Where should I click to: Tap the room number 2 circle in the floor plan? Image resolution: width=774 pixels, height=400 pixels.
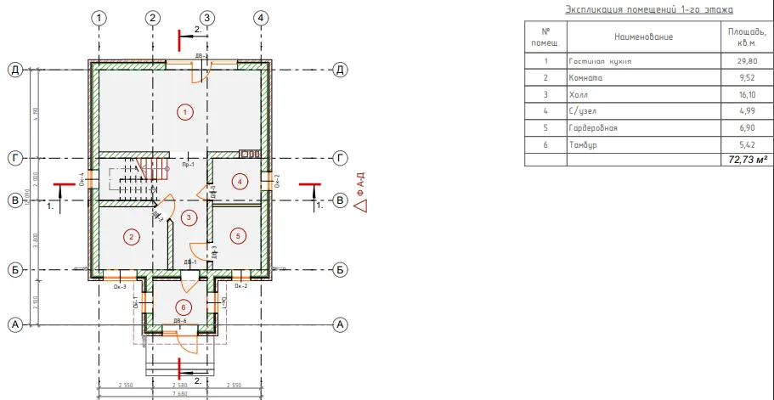[x=130, y=236]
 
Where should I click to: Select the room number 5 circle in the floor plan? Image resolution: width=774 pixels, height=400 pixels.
[x=239, y=234]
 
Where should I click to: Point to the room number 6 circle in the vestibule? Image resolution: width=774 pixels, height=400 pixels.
[x=182, y=307]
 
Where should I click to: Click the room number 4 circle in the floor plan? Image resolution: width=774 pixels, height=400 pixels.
[x=240, y=181]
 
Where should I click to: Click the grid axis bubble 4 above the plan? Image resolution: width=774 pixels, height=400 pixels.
[x=260, y=18]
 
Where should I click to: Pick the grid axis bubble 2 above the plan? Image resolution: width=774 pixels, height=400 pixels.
[x=153, y=18]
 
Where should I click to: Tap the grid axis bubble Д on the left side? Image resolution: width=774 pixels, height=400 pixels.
[x=14, y=70]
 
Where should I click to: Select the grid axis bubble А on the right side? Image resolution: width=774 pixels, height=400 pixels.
[x=340, y=324]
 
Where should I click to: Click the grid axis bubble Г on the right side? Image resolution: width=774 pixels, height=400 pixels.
[x=340, y=157]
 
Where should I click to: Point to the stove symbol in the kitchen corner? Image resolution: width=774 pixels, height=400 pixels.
[x=250, y=154]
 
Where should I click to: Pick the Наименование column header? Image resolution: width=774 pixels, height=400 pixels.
[x=643, y=37]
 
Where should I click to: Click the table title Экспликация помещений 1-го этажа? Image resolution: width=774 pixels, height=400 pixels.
[x=648, y=9]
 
